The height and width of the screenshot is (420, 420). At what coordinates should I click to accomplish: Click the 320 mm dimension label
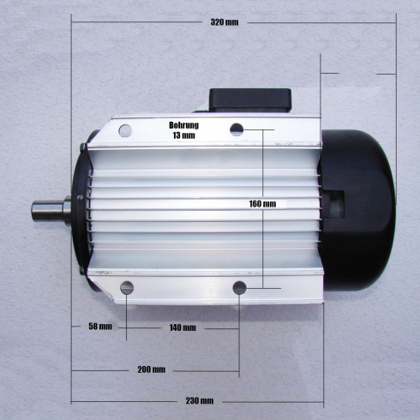click(225, 22)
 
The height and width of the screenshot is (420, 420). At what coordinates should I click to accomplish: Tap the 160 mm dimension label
click(262, 204)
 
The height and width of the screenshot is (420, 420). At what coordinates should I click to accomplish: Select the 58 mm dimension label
click(100, 327)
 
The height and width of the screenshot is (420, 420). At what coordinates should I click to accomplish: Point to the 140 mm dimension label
click(183, 327)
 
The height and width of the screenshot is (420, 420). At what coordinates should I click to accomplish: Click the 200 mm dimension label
click(152, 369)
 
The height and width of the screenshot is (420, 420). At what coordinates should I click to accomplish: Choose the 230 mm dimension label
click(200, 401)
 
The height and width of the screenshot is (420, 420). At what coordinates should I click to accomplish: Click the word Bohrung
click(183, 125)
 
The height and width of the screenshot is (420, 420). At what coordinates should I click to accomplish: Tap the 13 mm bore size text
click(183, 135)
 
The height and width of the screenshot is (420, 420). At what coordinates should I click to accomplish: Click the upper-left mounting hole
click(125, 130)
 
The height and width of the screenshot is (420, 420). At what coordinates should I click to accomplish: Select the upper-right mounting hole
click(237, 129)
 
